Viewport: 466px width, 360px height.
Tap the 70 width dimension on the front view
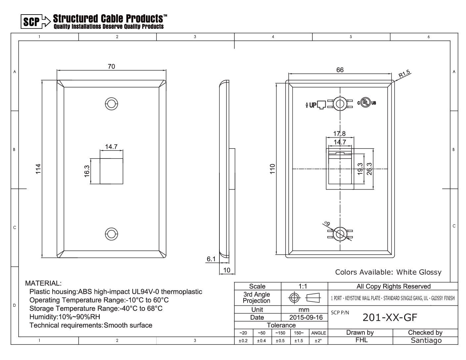click(x=111, y=67)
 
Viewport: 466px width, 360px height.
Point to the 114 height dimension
click(x=38, y=169)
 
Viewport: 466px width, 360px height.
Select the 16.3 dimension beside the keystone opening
click(x=87, y=171)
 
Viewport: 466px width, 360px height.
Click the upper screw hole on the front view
click(x=112, y=104)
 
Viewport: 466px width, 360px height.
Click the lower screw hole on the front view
click(x=112, y=234)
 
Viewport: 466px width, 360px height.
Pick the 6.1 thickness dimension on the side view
click(x=211, y=259)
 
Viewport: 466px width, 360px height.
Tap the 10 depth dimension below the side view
click(x=227, y=270)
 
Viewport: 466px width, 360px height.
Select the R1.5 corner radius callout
click(x=404, y=73)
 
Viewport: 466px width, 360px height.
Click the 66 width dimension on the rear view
click(x=340, y=70)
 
